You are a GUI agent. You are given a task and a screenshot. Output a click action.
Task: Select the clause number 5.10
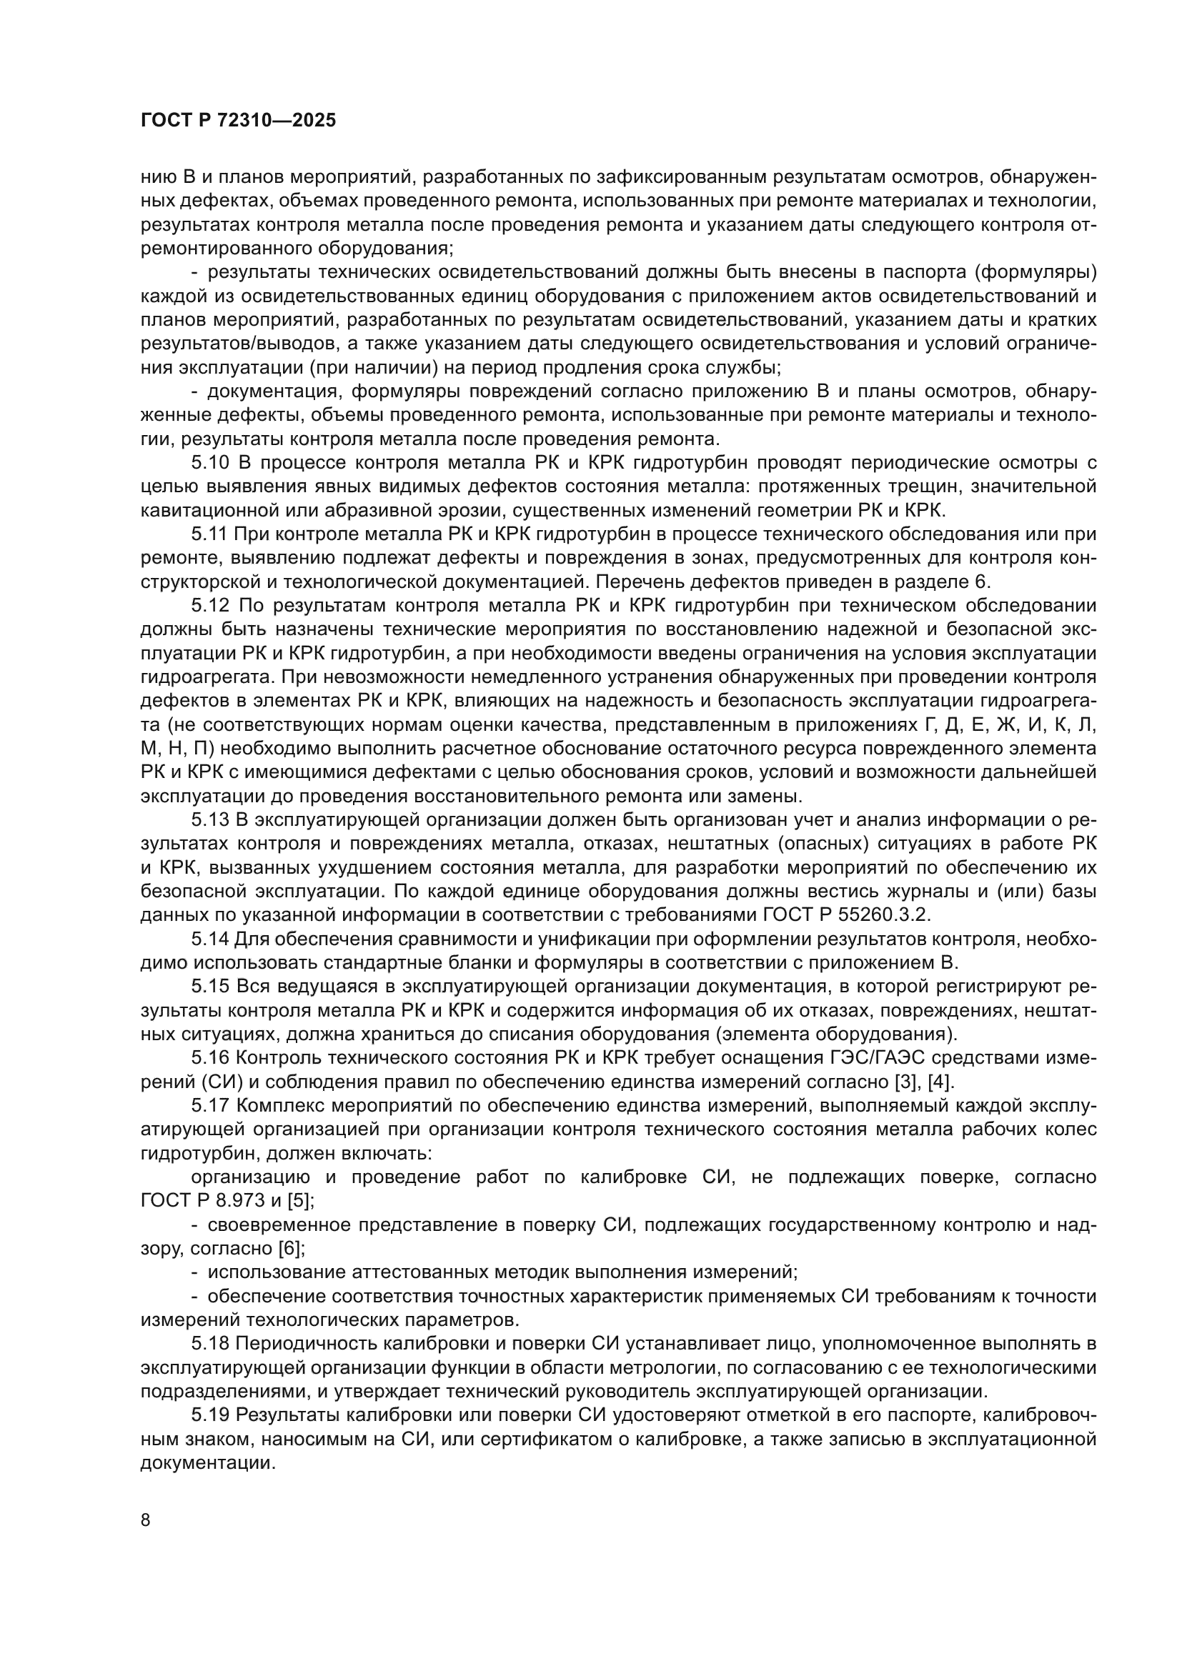pyautogui.click(x=211, y=463)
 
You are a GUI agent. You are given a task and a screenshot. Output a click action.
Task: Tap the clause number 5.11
pyautogui.click(x=209, y=534)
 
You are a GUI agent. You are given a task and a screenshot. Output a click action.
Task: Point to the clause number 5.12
pyautogui.click(x=211, y=606)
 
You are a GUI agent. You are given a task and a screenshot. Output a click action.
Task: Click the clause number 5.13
pyautogui.click(x=211, y=820)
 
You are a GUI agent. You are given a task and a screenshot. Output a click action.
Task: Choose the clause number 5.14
pyautogui.click(x=211, y=939)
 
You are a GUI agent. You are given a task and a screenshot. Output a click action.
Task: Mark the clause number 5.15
pyautogui.click(x=211, y=987)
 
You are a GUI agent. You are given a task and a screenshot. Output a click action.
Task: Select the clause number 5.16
pyautogui.click(x=211, y=1058)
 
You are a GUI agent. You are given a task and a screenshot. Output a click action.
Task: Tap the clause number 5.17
pyautogui.click(x=211, y=1106)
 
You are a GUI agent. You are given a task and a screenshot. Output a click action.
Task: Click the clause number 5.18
pyautogui.click(x=211, y=1344)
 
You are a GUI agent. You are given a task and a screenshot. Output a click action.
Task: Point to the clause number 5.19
pyautogui.click(x=211, y=1415)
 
